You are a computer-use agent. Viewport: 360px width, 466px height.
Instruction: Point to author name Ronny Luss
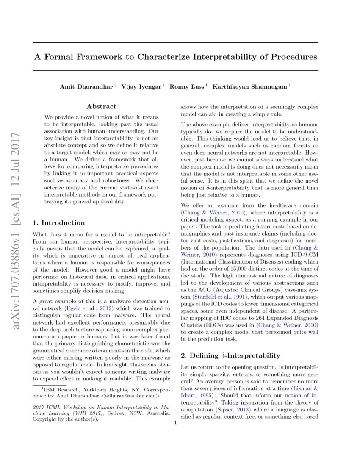(x=187, y=86)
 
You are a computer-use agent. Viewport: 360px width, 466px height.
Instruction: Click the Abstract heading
(x=101, y=107)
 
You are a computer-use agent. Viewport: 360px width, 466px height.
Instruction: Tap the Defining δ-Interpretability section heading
(x=231, y=355)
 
